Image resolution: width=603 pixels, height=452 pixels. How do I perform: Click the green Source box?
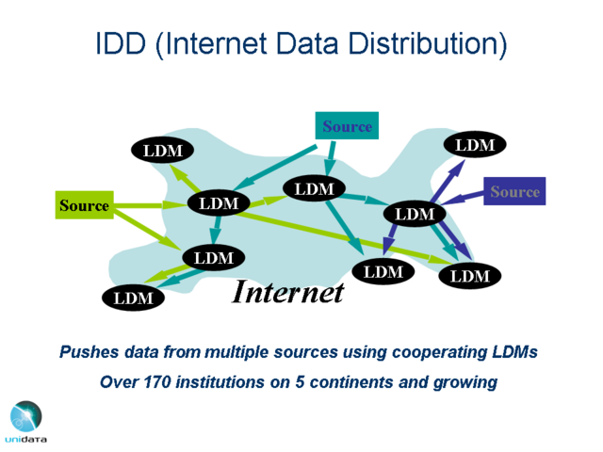click(x=84, y=204)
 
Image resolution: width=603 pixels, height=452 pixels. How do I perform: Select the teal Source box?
click(x=347, y=126)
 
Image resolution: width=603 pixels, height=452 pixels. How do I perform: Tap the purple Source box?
click(x=514, y=192)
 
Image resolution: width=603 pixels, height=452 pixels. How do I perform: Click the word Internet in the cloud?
click(x=288, y=292)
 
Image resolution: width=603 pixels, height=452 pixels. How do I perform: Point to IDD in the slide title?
click(x=122, y=44)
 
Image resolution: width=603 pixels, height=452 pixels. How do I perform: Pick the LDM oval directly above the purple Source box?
click(x=475, y=145)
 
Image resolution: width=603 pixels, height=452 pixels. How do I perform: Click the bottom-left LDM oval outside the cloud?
click(x=133, y=298)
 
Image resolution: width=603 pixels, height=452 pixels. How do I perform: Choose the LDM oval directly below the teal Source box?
click(x=314, y=189)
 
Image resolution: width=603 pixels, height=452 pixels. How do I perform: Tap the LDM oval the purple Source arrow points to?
click(x=415, y=214)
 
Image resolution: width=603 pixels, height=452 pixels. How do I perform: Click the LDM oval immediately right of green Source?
click(x=219, y=202)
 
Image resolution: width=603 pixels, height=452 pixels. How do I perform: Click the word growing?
click(x=465, y=382)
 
